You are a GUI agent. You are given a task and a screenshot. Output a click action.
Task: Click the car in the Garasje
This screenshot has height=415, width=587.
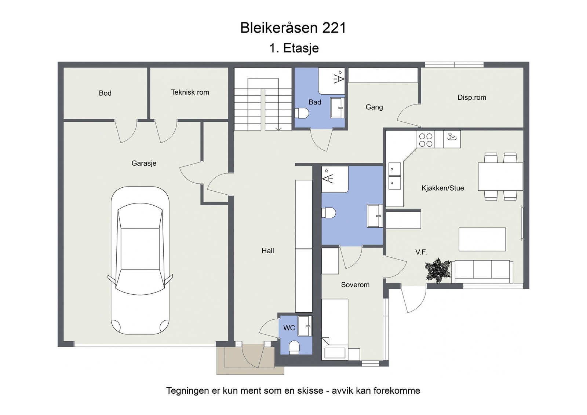click(x=140, y=260)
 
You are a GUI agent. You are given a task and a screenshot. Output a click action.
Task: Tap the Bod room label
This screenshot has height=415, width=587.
click(x=105, y=93)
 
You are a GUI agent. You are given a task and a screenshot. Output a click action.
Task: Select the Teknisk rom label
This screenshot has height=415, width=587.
click(x=190, y=92)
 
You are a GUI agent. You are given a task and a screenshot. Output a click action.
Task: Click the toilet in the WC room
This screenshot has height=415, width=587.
click(x=294, y=347)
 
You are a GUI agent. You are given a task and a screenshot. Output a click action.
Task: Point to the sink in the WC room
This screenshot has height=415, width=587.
click(x=305, y=326)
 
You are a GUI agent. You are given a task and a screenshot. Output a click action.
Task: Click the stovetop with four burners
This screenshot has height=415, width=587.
click(x=426, y=140)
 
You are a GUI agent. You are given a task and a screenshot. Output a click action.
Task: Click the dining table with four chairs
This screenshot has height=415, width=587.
click(x=500, y=177)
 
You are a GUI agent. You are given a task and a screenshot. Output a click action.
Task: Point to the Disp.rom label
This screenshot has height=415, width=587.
click(x=472, y=98)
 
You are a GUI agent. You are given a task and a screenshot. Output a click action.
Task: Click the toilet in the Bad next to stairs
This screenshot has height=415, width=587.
click(x=302, y=113)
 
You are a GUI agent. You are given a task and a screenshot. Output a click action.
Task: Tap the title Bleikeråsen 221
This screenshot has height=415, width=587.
click(x=293, y=28)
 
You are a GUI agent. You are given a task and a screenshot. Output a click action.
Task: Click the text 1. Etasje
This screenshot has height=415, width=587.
click(x=294, y=48)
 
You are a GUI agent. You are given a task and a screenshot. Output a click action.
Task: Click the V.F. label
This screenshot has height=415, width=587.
click(x=421, y=252)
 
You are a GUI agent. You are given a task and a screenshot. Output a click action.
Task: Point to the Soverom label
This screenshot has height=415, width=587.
click(x=355, y=285)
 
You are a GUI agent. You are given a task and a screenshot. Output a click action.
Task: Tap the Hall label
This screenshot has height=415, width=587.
click(x=268, y=251)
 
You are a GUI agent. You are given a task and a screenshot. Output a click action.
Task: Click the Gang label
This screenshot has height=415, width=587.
click(x=374, y=107)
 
